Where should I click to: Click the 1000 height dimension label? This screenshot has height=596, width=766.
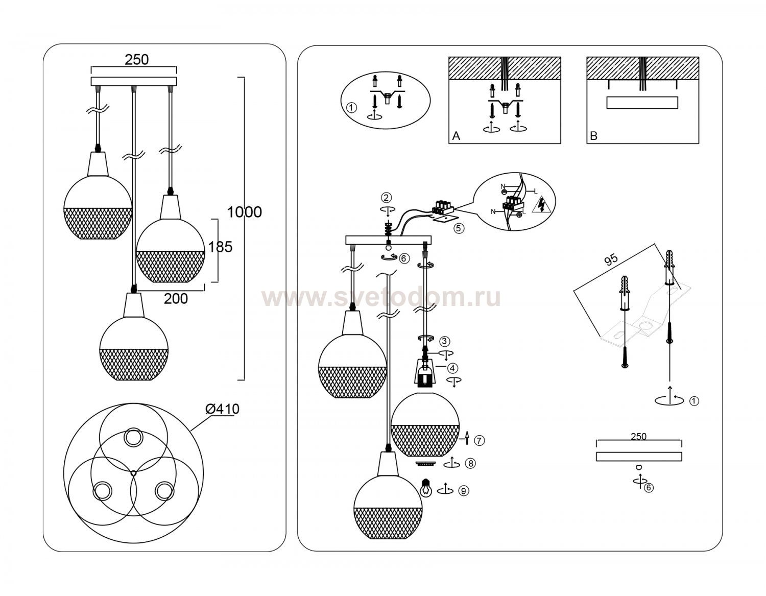pyautogui.click(x=244, y=212)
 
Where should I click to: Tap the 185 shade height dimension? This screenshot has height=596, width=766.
pyautogui.click(x=221, y=247)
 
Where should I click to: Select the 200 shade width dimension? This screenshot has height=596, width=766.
pyautogui.click(x=176, y=299)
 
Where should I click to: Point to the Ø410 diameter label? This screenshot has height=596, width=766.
pyautogui.click(x=222, y=409)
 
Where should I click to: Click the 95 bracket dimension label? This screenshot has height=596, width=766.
pyautogui.click(x=611, y=259)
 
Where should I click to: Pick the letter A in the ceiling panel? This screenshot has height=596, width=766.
pyautogui.click(x=456, y=136)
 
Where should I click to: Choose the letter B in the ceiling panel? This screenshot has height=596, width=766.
pyautogui.click(x=593, y=136)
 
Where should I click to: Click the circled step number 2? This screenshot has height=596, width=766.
pyautogui.click(x=387, y=198)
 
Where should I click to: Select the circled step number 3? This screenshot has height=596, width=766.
pyautogui.click(x=445, y=341)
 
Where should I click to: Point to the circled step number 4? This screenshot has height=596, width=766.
pyautogui.click(x=452, y=368)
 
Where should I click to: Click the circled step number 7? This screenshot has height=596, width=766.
pyautogui.click(x=479, y=440)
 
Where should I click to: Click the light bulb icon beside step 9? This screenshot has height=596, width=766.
pyautogui.click(x=425, y=487)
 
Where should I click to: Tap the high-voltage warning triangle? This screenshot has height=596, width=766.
pyautogui.click(x=541, y=205)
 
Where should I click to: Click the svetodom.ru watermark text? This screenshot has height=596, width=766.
pyautogui.click(x=381, y=298)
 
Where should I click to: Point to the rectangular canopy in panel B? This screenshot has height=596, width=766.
pyautogui.click(x=642, y=103)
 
